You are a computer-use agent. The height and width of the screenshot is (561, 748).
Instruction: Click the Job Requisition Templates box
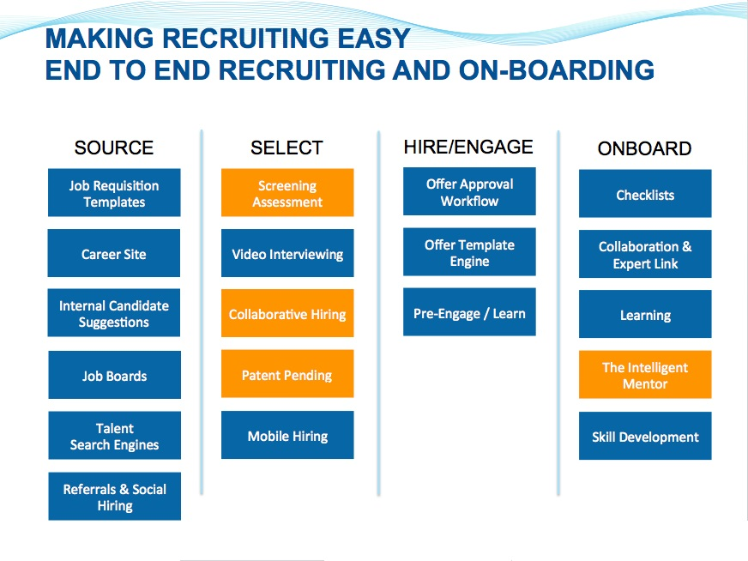114,192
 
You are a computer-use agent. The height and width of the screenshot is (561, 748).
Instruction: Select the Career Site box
114,253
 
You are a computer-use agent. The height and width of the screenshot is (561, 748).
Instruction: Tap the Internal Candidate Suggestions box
114,313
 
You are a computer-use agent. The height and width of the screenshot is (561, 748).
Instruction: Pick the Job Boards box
114,375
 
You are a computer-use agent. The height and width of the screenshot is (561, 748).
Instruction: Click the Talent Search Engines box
114,436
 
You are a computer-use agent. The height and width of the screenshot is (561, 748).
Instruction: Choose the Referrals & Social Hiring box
114,496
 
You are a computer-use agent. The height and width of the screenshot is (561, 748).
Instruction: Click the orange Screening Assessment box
287,192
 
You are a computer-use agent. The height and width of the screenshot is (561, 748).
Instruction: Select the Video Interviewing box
287,253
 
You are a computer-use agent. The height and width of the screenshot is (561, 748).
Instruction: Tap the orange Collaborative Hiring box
287,313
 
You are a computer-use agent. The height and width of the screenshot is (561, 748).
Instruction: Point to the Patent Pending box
287,373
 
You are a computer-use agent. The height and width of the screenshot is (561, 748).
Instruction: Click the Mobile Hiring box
287,435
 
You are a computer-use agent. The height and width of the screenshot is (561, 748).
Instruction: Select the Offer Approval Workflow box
469,191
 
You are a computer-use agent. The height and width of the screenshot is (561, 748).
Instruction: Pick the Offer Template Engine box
469,252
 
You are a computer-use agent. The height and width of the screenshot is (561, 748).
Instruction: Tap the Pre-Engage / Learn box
469,312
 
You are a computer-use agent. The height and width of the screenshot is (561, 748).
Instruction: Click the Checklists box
645,193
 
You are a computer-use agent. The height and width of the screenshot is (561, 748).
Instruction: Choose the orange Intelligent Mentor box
645,375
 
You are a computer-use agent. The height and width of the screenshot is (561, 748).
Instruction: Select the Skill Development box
645,436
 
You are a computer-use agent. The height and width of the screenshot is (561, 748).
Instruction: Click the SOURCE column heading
114,148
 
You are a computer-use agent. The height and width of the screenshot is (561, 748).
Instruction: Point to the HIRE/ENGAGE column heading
468,147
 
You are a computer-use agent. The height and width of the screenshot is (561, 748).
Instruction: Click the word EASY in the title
374,38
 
